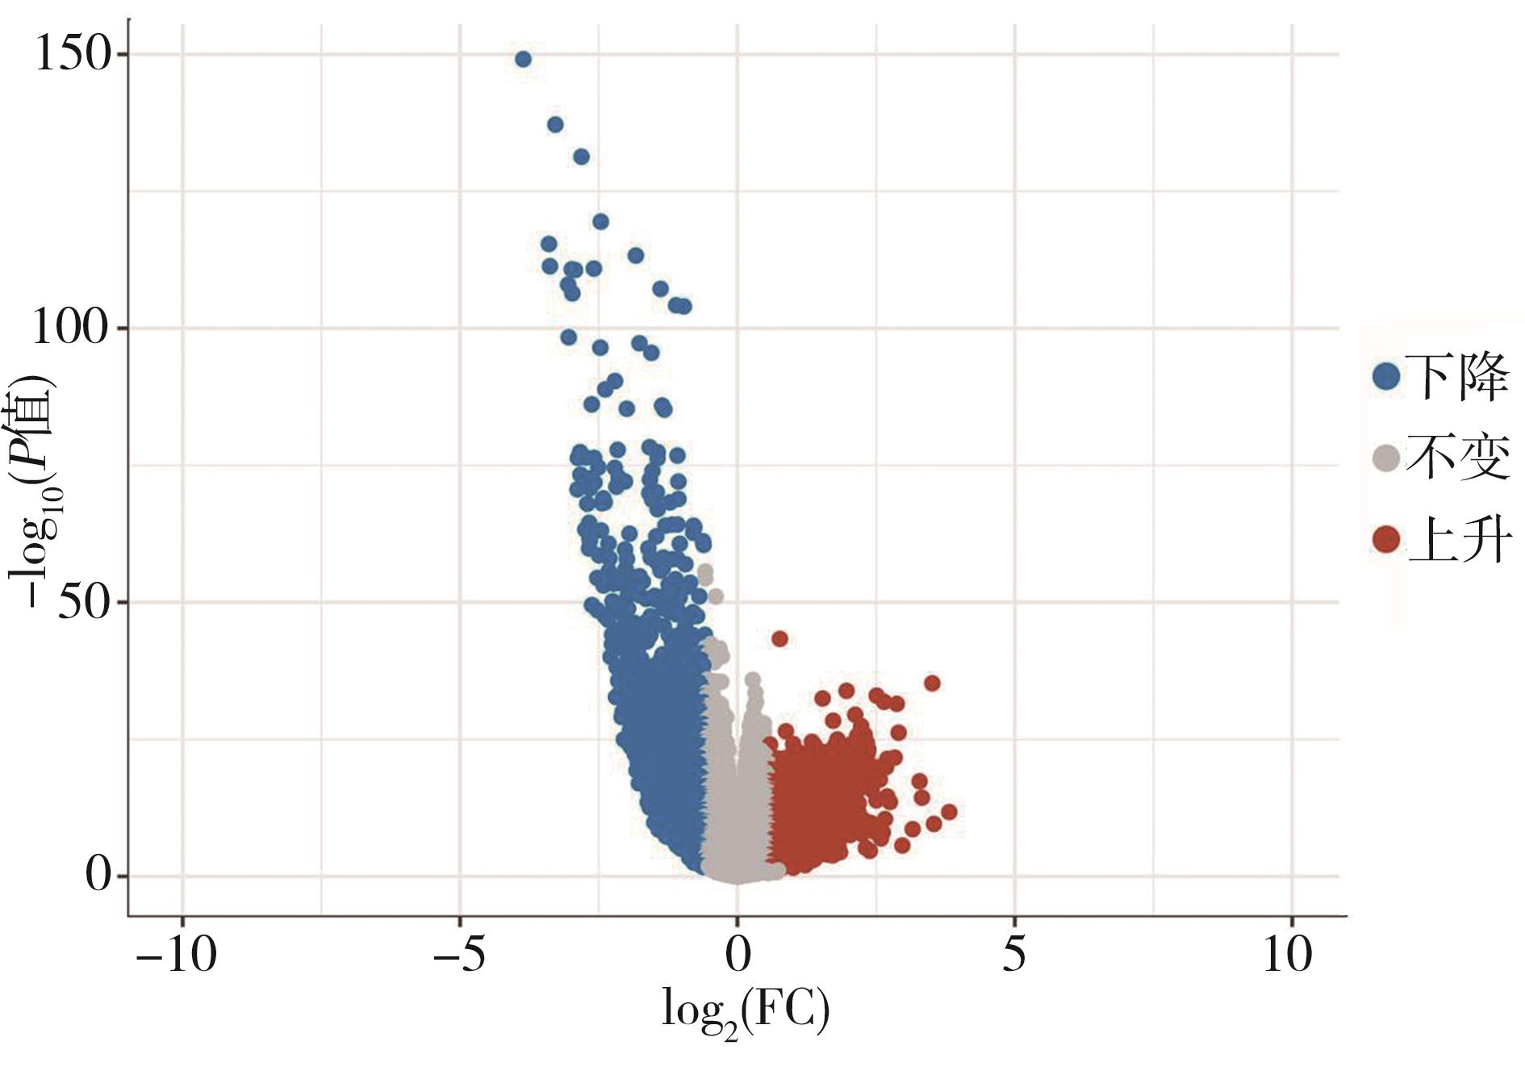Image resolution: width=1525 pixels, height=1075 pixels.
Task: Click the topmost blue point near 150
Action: tap(523, 59)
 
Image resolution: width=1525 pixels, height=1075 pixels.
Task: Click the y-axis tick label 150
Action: tap(71, 55)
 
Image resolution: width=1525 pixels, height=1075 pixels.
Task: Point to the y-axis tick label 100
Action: tap(69, 328)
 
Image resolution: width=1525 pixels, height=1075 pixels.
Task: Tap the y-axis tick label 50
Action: tap(83, 602)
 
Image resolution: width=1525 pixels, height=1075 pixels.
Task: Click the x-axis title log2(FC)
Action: tap(745, 1010)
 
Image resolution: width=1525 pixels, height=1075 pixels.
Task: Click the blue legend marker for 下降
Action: tap(1386, 376)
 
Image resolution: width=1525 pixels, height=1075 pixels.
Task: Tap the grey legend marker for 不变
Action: tap(1386, 458)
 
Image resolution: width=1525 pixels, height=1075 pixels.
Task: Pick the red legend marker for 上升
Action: tap(1386, 539)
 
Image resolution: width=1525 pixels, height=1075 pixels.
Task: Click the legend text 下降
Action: tap(1457, 376)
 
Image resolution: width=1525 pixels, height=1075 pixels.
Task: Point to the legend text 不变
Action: tap(1457, 458)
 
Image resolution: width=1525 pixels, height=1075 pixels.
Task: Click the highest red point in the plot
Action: tap(779, 638)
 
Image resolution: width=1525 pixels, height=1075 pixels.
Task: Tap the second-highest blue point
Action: tap(555, 124)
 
